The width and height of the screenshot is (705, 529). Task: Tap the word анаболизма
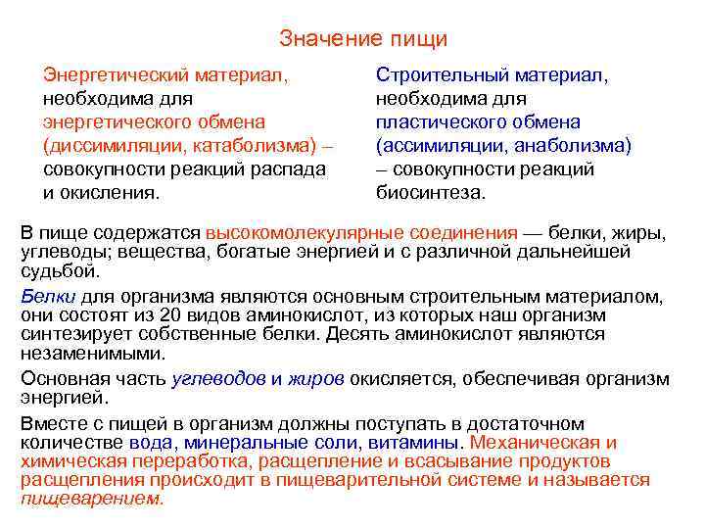[573, 145]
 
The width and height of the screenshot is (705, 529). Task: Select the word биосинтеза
[430, 192]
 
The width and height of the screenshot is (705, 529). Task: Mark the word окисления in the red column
[109, 192]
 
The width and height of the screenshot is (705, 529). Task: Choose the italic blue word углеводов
[218, 378]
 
